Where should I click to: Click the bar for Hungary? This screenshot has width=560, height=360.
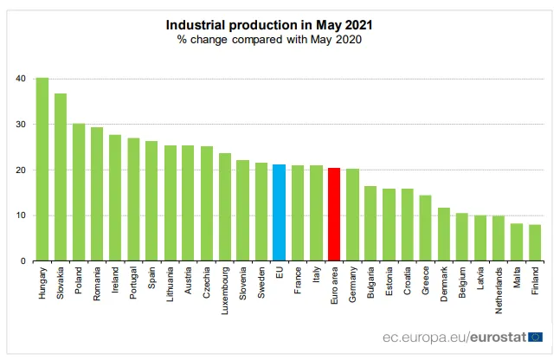coord(42,170)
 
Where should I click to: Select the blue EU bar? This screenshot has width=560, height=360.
coord(279,212)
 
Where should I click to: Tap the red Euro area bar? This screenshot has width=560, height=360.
coord(334,214)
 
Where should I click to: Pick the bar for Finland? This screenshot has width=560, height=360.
coord(535,242)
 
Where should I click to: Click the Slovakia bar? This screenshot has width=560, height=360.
coord(61,177)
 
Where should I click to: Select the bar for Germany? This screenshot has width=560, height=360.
coord(352,215)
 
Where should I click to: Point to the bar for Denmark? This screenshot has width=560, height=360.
coord(443,234)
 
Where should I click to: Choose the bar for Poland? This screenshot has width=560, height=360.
coord(79,192)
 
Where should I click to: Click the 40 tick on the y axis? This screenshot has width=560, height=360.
coord(19,80)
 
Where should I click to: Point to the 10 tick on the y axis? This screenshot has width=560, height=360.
coord(19,215)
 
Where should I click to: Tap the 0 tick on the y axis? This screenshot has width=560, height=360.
coord(22,260)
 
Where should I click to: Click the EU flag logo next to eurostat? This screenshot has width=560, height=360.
coord(535,336)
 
